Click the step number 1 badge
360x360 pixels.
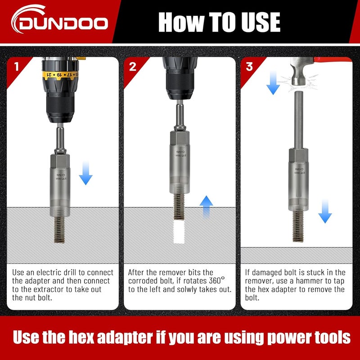pos(17,67)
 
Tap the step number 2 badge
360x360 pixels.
pos(132,67)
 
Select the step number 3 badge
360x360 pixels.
pos(249,67)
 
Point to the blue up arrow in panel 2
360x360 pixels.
pos(206,207)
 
